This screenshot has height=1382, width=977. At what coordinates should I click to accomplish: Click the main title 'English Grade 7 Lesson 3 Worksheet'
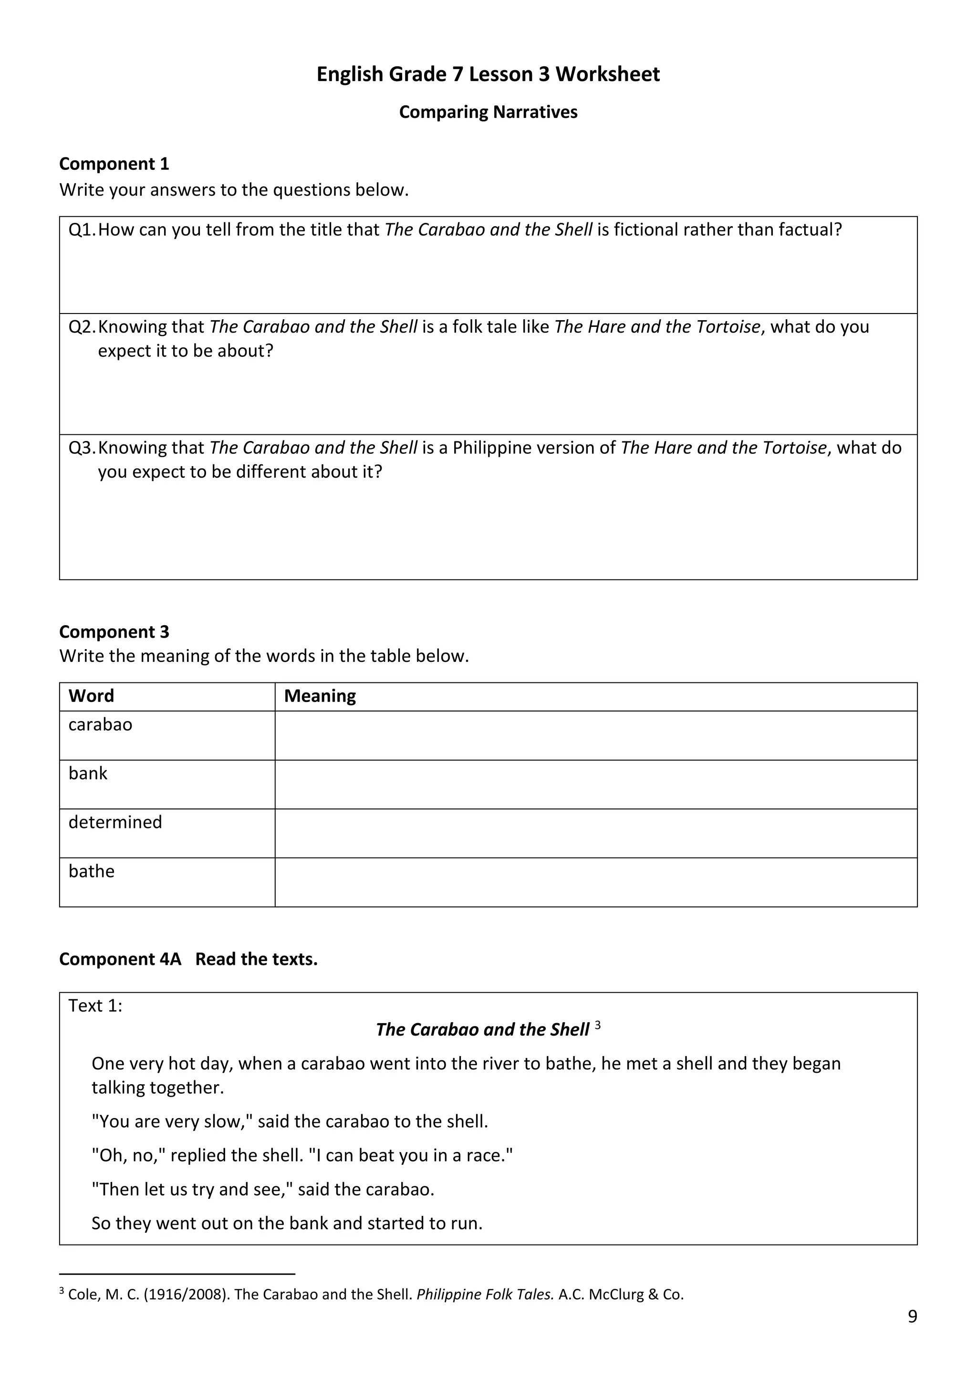point(488,74)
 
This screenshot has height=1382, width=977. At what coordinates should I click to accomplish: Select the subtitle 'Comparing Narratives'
point(488,112)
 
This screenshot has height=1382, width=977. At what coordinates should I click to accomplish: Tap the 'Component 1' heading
point(114,164)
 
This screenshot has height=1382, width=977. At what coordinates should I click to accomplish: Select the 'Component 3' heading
point(114,631)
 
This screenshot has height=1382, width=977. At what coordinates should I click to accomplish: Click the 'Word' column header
point(91,696)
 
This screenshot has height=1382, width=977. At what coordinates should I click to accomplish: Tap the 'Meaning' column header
point(320,696)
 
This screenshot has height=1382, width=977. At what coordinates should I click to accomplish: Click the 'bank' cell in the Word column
point(88,773)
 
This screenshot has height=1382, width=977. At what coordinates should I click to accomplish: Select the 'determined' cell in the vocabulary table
point(115,822)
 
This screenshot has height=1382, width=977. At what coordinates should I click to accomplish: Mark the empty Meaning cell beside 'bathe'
point(595,882)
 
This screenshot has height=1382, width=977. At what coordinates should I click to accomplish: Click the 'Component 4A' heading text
point(120,959)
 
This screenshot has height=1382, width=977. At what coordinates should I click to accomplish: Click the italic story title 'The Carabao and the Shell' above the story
point(482,1029)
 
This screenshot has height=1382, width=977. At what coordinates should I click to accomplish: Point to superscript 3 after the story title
point(597,1025)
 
